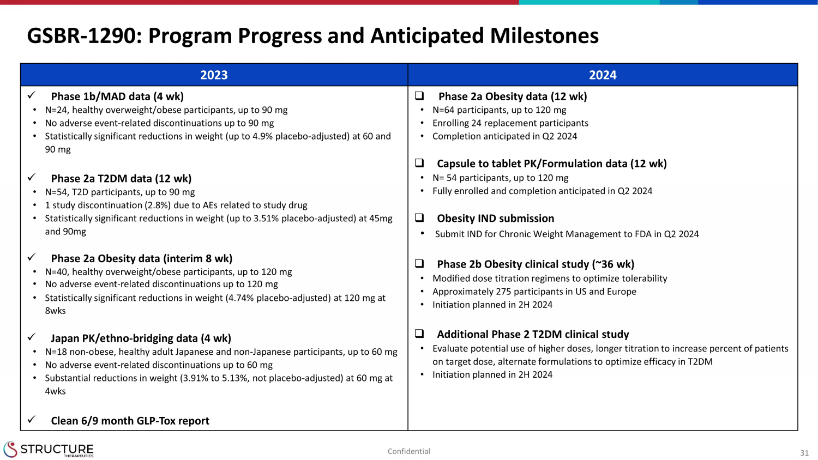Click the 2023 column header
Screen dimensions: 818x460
point(214,75)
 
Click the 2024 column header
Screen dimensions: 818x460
point(603,75)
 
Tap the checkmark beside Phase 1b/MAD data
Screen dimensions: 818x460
point(32,95)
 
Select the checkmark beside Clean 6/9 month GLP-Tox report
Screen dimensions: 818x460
point(32,420)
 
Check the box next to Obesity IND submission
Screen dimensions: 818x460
point(419,217)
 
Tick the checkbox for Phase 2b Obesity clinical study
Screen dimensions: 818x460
point(419,263)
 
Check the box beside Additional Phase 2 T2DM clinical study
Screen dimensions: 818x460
point(419,334)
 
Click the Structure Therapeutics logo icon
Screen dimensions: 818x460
point(10,449)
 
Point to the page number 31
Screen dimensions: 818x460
point(804,453)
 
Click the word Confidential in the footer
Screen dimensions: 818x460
point(408,451)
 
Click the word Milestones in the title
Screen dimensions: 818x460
point(544,36)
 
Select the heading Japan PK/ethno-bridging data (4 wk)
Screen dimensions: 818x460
point(141,338)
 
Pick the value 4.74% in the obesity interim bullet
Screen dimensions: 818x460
point(241,298)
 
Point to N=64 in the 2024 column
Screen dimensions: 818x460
point(443,110)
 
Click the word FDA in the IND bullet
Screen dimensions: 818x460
point(643,234)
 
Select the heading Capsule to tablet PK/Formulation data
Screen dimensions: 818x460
point(552,164)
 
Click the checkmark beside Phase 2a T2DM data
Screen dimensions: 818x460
point(32,178)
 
